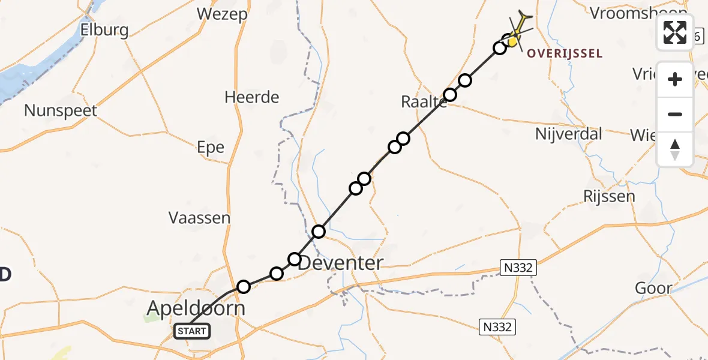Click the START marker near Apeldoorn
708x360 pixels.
click(192, 331)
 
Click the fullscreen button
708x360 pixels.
click(675, 32)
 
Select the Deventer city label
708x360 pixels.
click(340, 263)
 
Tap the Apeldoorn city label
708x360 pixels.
click(196, 309)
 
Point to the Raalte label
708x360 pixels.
click(424, 102)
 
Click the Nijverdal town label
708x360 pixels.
click(568, 133)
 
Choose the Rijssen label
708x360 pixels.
click(608, 196)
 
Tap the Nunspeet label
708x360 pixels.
click(61, 110)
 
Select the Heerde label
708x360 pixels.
click(252, 97)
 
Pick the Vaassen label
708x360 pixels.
click(199, 217)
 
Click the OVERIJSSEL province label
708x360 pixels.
click(564, 54)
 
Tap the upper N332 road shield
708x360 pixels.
click(518, 268)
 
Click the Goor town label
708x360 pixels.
click(653, 288)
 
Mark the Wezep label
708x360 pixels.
click(222, 14)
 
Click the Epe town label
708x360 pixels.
click(211, 148)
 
